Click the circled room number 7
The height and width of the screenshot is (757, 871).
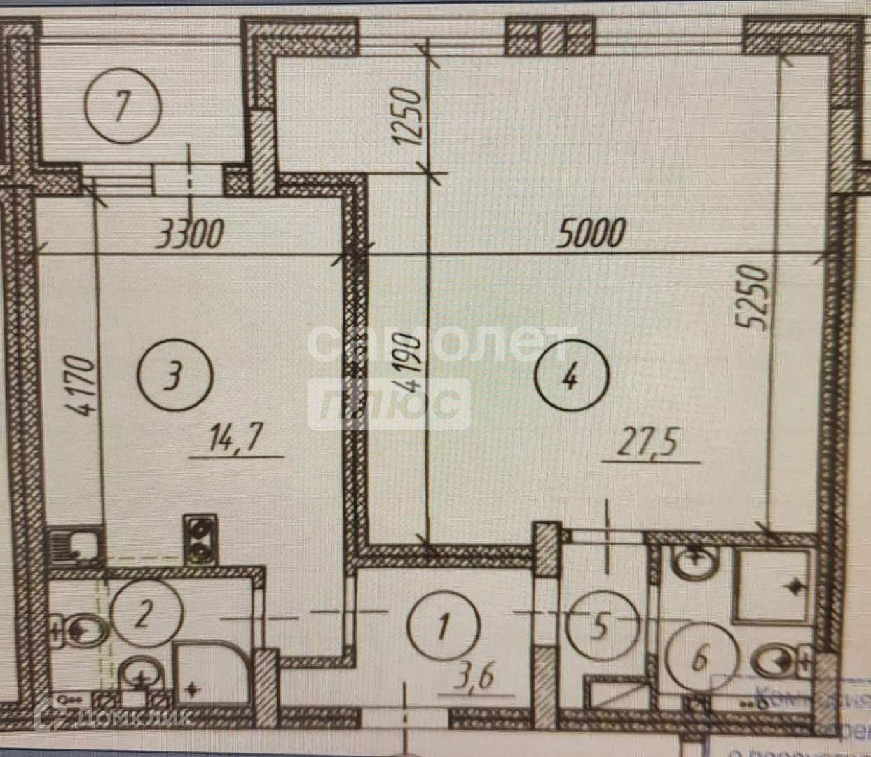click(x=123, y=107)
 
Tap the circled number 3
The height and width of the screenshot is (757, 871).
click(x=174, y=376)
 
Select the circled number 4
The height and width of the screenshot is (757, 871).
click(x=571, y=378)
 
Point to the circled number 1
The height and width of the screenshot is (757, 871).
click(x=443, y=625)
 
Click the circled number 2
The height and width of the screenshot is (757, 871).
click(x=144, y=615)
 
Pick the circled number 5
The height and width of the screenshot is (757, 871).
click(x=601, y=625)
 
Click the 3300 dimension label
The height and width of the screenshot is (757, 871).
click(x=189, y=233)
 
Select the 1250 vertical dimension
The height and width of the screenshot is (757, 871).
click(x=407, y=116)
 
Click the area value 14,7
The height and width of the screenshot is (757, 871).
click(x=235, y=440)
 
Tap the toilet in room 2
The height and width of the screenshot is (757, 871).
click(x=84, y=630)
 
